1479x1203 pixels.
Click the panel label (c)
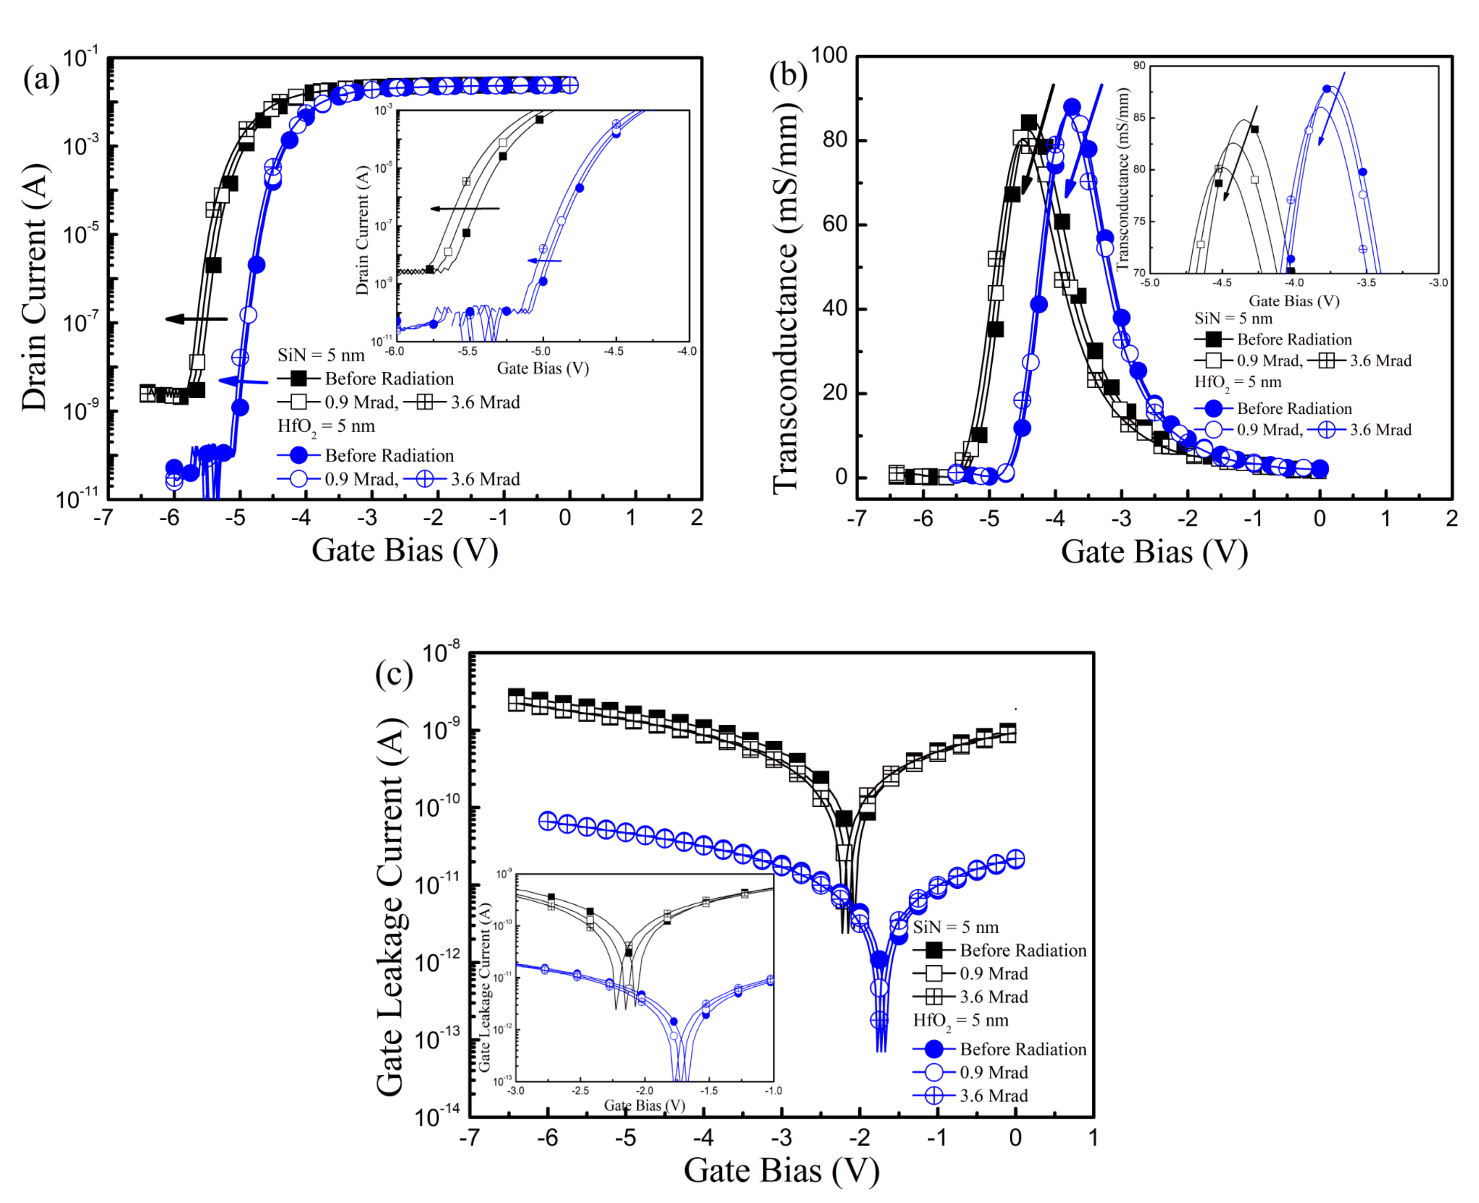pyautogui.click(x=393, y=672)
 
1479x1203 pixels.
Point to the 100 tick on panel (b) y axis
pyautogui.click(x=829, y=55)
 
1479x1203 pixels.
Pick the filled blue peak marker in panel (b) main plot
pyautogui.click(x=1072, y=107)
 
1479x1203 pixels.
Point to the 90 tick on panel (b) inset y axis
pyautogui.click(x=1139, y=66)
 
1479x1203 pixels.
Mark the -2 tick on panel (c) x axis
pyautogui.click(x=860, y=1137)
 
